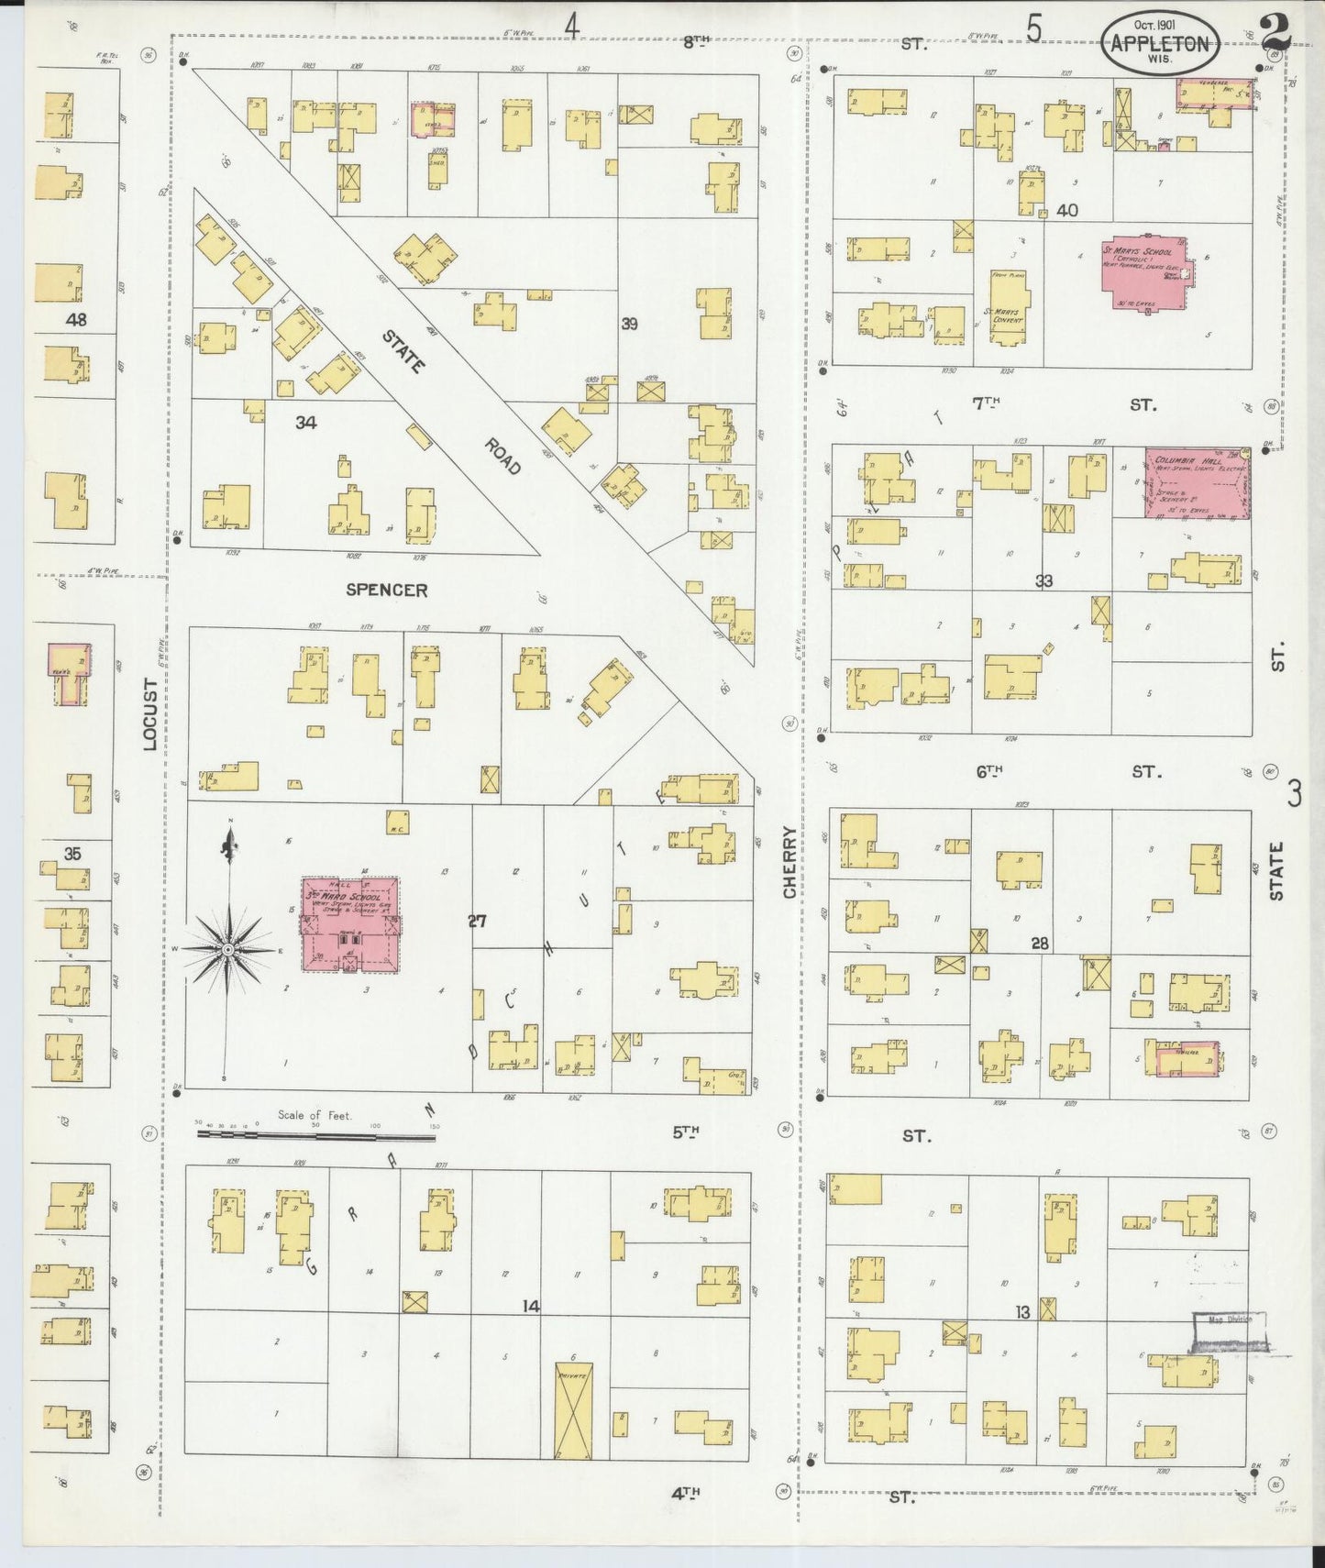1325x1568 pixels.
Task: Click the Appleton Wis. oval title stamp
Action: [x=1160, y=42]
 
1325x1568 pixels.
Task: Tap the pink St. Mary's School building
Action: [x=1143, y=276]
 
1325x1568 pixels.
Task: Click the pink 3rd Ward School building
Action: [x=351, y=925]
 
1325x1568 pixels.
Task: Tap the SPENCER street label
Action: [x=386, y=590]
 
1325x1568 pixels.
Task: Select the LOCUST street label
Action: [x=150, y=714]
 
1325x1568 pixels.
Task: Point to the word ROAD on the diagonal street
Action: [x=502, y=456]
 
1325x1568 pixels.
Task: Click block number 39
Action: [x=629, y=324]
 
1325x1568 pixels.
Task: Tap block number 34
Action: [x=305, y=423]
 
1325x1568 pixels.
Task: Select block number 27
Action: [x=477, y=922]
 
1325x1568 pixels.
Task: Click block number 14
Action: [x=530, y=1306]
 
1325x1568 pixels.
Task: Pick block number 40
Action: [x=1066, y=210]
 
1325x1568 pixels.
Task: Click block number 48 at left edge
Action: [x=76, y=320]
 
